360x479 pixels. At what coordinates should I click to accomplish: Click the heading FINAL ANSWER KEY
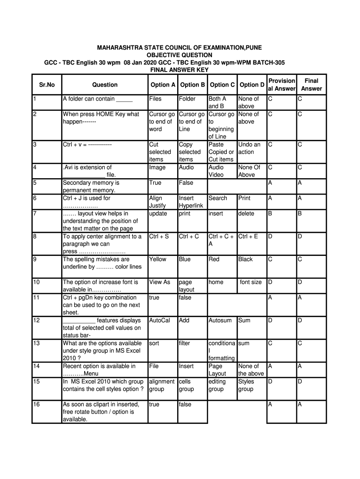click(x=179, y=70)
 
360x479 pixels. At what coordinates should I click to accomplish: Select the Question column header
click(x=105, y=85)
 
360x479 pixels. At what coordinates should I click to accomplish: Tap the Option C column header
click(x=222, y=85)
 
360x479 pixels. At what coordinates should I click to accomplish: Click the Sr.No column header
click(x=47, y=85)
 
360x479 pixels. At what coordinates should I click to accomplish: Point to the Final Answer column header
click(x=311, y=85)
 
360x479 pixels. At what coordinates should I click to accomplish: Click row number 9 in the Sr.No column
click(x=36, y=259)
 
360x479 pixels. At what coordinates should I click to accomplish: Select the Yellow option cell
click(x=158, y=259)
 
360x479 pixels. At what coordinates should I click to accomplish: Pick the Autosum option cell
click(x=220, y=320)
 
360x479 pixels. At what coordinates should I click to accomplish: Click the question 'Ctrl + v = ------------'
click(x=87, y=145)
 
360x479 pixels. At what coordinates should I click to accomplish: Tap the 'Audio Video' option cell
click(x=216, y=171)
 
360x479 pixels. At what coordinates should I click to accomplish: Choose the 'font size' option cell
click(x=251, y=282)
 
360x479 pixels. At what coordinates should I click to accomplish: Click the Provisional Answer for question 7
click(x=270, y=213)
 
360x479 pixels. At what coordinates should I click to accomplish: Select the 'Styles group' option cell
click(x=246, y=385)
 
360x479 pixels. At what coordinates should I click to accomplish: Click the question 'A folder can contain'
click(x=98, y=99)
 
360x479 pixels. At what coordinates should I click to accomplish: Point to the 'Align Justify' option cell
click(x=157, y=202)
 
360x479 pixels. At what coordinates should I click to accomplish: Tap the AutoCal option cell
click(x=159, y=320)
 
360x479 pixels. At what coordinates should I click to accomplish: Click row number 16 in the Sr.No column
click(x=37, y=404)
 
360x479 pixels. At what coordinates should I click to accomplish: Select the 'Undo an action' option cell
click(x=249, y=148)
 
